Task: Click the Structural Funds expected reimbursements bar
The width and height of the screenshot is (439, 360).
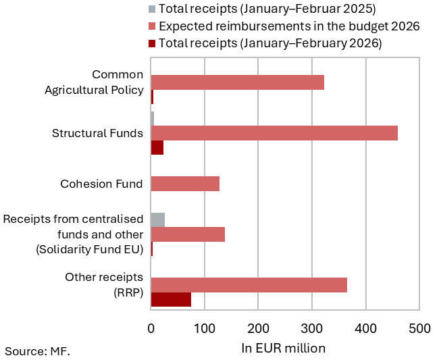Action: [x=274, y=133]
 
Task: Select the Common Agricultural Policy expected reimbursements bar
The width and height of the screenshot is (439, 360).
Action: [x=237, y=82]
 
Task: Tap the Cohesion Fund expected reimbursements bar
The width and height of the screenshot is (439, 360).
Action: [x=185, y=184]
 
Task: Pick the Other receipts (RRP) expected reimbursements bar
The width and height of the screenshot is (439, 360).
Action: [x=249, y=285]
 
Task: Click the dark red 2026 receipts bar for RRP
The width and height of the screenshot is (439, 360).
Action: [x=171, y=300]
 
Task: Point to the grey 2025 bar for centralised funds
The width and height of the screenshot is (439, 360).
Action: [x=158, y=220]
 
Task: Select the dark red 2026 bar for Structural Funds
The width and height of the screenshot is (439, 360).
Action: [x=157, y=148]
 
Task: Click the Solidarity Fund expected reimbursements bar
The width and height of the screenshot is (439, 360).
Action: [x=188, y=234]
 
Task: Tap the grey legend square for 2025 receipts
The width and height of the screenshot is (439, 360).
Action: [x=152, y=9]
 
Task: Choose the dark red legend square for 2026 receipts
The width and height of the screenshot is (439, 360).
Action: [x=152, y=43]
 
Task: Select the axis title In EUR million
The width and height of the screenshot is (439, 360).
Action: [x=284, y=348]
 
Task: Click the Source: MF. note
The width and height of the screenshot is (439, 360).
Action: [x=38, y=351]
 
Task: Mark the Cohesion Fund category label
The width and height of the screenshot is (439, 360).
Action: [x=101, y=184]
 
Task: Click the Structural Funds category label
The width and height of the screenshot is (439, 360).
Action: [x=97, y=133]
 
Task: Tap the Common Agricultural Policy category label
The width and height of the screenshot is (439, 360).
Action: [x=99, y=82]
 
